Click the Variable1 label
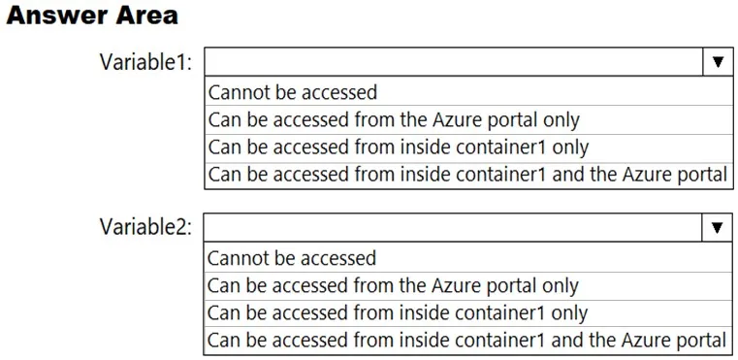tap(145, 62)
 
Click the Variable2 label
tap(145, 228)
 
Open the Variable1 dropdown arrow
tap(718, 62)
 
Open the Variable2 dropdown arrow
tap(718, 228)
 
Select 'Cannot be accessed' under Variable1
tap(292, 92)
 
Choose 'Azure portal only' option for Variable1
tap(394, 120)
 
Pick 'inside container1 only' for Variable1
tap(399, 147)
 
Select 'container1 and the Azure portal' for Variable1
tap(467, 175)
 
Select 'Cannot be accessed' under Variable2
tap(292, 258)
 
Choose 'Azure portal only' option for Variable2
tap(393, 286)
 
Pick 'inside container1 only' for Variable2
tap(398, 313)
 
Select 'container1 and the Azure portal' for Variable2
tap(467, 341)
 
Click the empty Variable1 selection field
tap(454, 62)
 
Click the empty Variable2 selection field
tap(454, 228)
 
